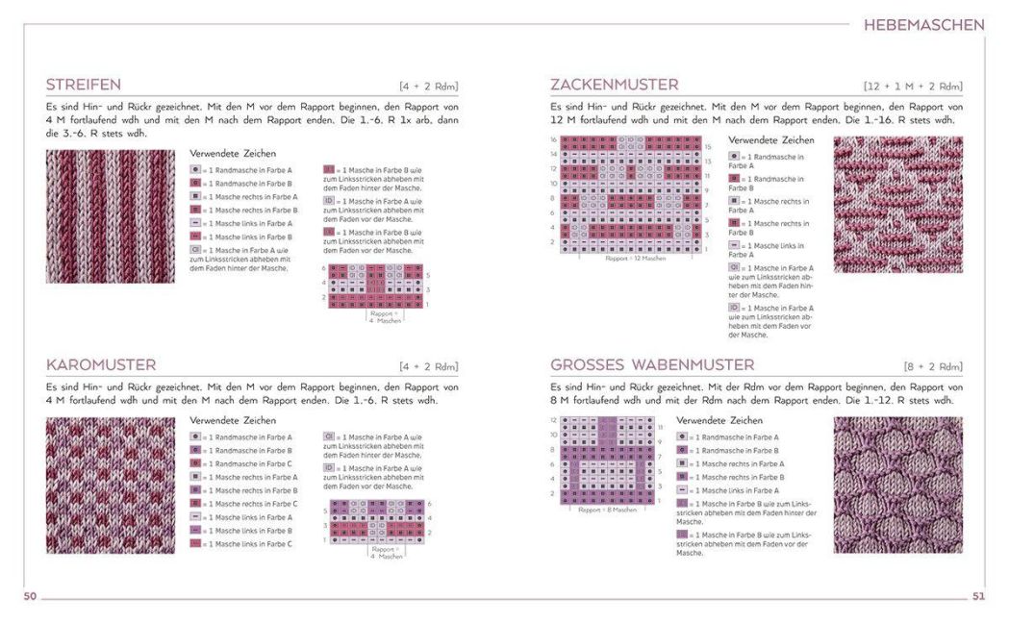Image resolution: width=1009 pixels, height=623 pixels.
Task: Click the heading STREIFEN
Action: [84, 85]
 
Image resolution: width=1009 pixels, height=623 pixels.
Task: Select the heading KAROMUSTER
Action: [101, 365]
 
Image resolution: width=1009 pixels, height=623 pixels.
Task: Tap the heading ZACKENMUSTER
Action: [614, 85]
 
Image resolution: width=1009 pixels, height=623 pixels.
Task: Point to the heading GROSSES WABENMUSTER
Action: [652, 365]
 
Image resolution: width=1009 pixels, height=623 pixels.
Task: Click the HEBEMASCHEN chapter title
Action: [923, 25]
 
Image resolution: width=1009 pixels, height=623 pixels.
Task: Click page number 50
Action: [30, 597]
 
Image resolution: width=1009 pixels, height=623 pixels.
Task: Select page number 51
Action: [978, 597]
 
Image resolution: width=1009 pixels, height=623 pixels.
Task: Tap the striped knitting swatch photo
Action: [111, 216]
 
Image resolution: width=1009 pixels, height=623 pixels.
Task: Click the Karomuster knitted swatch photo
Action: [111, 485]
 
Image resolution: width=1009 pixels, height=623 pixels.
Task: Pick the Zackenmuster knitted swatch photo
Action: [897, 205]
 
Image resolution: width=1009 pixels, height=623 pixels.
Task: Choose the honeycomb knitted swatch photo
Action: [897, 485]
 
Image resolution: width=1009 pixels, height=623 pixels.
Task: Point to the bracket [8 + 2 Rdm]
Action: [933, 366]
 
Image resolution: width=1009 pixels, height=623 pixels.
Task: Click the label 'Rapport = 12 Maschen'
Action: [635, 259]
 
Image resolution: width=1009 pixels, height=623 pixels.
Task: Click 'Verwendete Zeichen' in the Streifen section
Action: [233, 154]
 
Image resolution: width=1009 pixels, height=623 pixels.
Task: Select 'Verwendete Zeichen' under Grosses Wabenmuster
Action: [719, 421]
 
